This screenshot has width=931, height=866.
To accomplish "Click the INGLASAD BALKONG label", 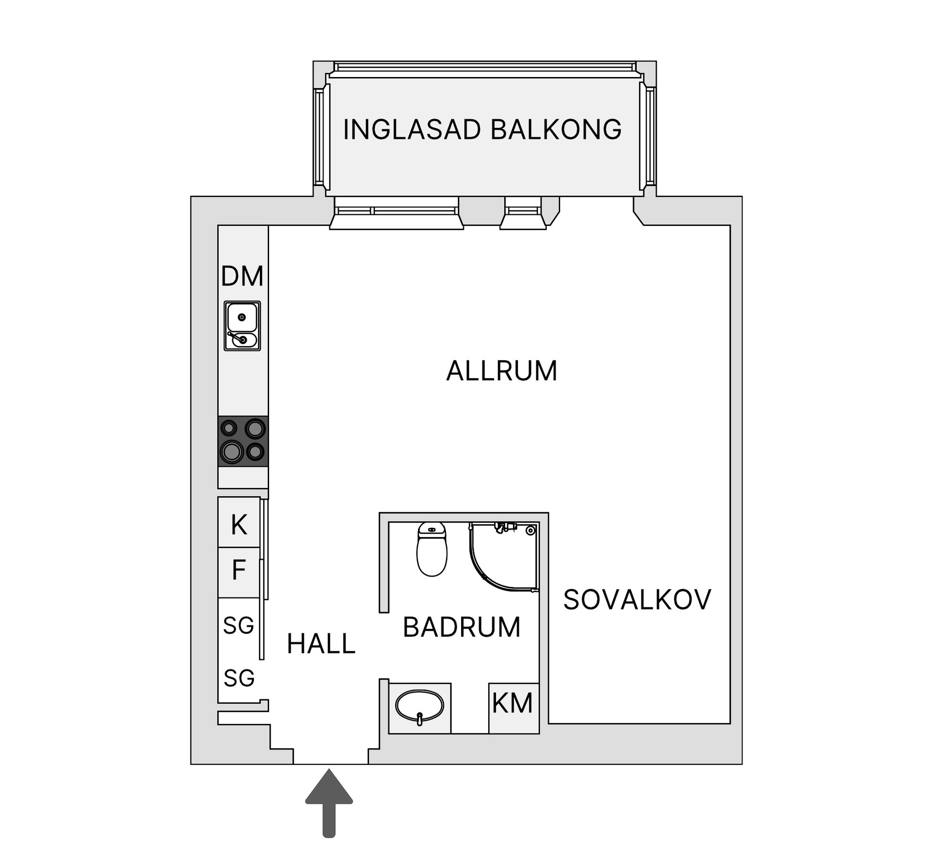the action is [x=482, y=129].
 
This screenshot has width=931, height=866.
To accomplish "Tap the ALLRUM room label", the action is [x=501, y=371].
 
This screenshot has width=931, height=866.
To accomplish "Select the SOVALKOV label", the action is [x=637, y=599].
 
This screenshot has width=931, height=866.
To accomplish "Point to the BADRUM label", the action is [x=462, y=627].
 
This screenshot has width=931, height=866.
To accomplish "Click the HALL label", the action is [x=321, y=644].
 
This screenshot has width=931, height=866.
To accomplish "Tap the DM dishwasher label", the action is [x=242, y=276].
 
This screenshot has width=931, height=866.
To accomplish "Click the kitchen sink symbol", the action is [x=242, y=326].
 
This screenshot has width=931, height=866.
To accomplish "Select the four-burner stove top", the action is [x=242, y=441].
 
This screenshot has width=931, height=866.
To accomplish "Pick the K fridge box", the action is [x=239, y=523].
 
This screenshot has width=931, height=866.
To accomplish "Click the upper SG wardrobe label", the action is [x=239, y=625].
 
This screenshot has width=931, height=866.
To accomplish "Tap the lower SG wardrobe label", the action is [x=239, y=677].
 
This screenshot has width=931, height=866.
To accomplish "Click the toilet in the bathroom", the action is [x=432, y=549].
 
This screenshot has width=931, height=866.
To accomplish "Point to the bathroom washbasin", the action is [x=419, y=707].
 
